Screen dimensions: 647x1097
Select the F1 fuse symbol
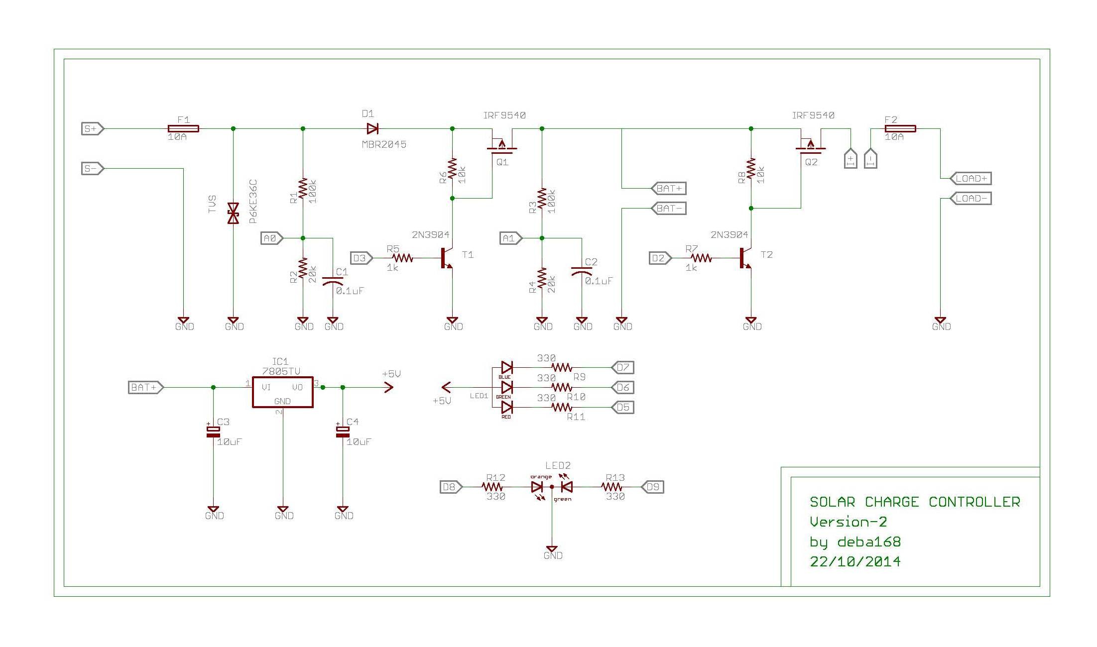click(183, 129)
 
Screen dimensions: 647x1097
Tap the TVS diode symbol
click(233, 213)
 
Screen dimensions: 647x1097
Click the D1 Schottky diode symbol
click(372, 129)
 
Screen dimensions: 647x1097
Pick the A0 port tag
click(271, 238)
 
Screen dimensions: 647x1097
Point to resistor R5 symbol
click(402, 258)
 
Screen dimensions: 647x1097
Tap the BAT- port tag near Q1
click(669, 209)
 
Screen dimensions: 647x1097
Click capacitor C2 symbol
click(582, 272)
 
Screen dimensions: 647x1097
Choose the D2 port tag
click(660, 258)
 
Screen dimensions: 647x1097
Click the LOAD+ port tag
click(971, 178)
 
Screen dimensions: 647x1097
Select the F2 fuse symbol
click(900, 129)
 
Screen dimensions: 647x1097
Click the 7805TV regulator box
click(282, 392)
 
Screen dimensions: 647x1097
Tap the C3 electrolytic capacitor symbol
click(213, 431)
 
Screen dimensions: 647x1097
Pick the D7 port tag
click(622, 368)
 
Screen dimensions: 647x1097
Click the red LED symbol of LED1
click(507, 407)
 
